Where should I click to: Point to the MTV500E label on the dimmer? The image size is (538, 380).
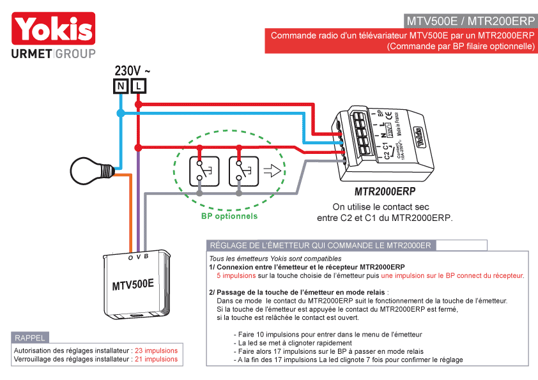pos(133,284)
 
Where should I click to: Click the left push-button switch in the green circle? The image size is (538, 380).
pos(204,171)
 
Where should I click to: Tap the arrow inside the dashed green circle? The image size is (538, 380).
pos(272,171)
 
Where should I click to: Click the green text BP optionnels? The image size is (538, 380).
pos(229,216)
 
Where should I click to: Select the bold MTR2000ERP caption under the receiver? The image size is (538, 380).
pos(385,191)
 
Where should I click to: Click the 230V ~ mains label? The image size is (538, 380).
pos(132,70)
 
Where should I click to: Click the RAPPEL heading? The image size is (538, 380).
pos(29,338)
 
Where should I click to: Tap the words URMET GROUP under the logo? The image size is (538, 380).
pos(54,54)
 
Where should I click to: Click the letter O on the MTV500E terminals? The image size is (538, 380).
pos(130,257)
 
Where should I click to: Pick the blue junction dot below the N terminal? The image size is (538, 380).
pos(121,113)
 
